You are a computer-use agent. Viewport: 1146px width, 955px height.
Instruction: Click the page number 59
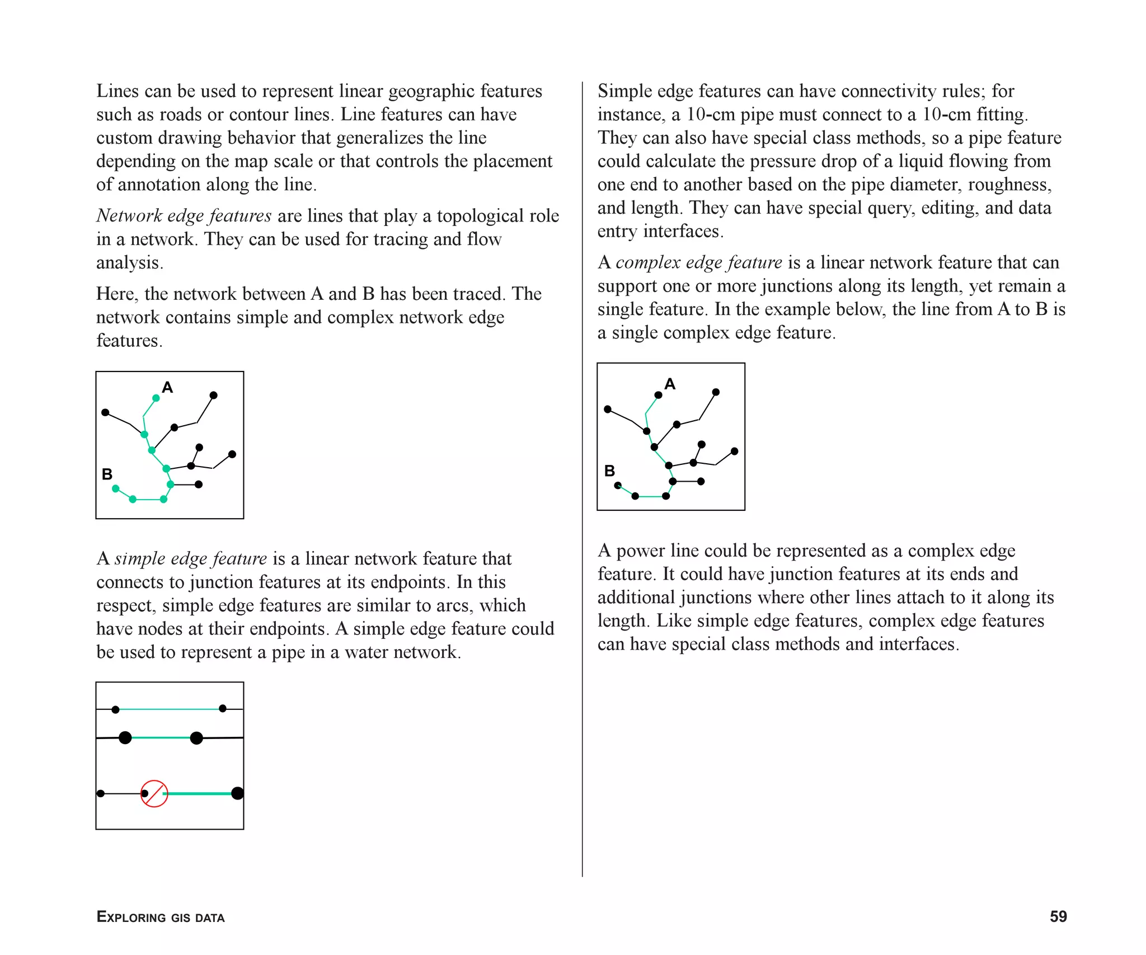click(1058, 916)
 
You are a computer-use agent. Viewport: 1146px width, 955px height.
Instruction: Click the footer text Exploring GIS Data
click(161, 917)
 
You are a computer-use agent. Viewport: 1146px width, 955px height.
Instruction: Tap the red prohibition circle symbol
click(154, 793)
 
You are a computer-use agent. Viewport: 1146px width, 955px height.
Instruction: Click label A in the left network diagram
click(167, 387)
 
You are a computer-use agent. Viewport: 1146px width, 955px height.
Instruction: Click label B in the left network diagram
click(107, 474)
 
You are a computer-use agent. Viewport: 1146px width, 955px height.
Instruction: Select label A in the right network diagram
click(670, 384)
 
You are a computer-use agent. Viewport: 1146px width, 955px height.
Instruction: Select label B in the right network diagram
click(609, 471)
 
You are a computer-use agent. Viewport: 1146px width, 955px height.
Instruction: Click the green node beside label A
click(156, 398)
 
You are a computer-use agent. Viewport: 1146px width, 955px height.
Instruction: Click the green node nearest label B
click(116, 488)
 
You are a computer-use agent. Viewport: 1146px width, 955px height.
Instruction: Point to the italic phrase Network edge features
click(184, 215)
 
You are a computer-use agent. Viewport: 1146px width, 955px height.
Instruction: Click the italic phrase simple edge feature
click(191, 558)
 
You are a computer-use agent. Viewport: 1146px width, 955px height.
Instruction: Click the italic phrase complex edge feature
click(698, 262)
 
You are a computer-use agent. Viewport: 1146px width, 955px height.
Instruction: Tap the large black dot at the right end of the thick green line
click(237, 793)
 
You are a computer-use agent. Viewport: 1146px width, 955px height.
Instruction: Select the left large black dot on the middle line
click(125, 737)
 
